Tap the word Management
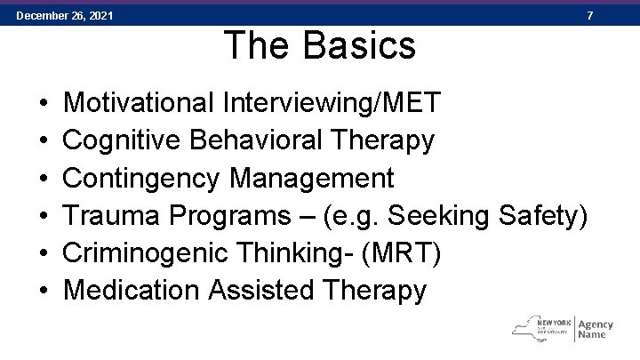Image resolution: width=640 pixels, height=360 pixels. [311, 178]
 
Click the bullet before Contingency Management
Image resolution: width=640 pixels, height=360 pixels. [44, 179]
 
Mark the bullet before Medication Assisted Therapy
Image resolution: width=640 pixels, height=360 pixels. [44, 291]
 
